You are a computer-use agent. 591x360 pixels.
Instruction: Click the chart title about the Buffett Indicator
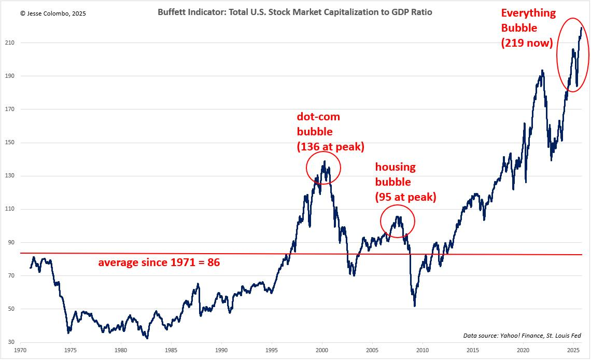click(x=295, y=12)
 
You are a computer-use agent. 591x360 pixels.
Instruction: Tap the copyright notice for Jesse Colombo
click(x=53, y=13)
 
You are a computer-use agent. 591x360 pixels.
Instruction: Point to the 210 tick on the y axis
click(x=10, y=43)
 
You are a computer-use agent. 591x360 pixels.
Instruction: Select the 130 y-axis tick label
click(x=10, y=176)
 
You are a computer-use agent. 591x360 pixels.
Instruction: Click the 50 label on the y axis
click(x=11, y=309)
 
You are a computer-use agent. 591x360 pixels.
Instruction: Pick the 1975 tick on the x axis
click(x=71, y=350)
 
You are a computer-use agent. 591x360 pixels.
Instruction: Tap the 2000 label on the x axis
click(x=322, y=350)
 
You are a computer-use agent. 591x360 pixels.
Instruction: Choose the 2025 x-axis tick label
click(x=574, y=350)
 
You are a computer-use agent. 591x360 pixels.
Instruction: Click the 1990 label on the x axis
click(x=221, y=350)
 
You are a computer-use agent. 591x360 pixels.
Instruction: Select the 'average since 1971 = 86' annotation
click(x=159, y=262)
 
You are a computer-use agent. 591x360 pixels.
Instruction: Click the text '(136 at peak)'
click(x=331, y=147)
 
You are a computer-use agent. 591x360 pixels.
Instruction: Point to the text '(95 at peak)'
click(x=405, y=197)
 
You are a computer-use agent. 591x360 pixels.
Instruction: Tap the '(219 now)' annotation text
click(x=527, y=43)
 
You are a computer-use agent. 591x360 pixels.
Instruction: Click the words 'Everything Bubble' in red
click(x=528, y=20)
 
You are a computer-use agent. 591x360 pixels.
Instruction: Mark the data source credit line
click(x=522, y=336)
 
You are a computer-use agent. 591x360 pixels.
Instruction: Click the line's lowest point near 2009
click(x=415, y=306)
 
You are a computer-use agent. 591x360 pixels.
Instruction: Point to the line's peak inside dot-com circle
click(x=325, y=161)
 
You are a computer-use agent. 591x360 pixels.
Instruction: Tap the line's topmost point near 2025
click(x=582, y=27)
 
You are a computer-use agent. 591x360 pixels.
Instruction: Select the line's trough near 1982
click(x=147, y=338)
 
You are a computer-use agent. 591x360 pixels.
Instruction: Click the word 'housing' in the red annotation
click(x=396, y=167)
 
